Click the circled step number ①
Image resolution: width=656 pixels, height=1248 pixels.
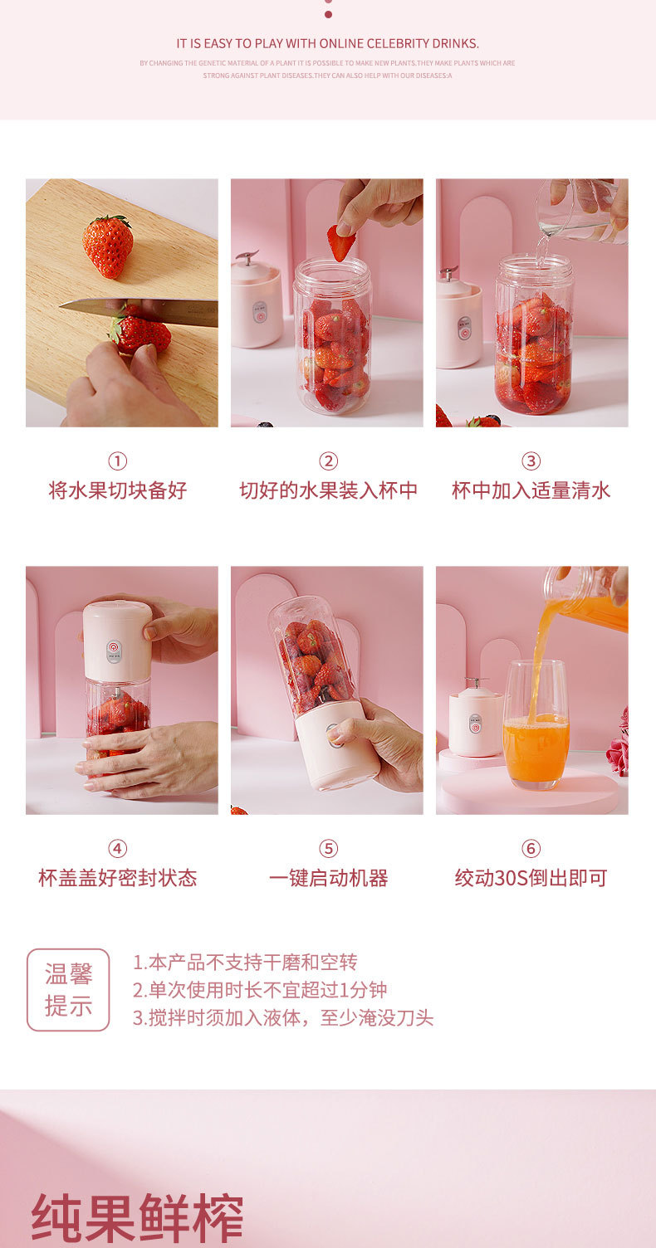coord(118,461)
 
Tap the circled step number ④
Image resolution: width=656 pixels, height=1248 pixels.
coord(118,849)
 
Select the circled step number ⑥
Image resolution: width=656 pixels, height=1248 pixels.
coord(531,849)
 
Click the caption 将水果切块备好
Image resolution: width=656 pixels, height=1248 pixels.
coord(118,490)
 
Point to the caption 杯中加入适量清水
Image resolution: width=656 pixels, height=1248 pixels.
coord(531,490)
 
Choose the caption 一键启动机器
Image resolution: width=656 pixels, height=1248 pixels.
coord(328,878)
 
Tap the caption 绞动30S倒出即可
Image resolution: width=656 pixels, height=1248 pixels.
coord(531,878)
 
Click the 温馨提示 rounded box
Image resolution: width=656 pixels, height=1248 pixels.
coord(68,990)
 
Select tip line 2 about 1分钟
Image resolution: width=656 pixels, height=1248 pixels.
coord(259,990)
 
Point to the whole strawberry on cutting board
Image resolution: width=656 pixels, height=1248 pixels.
coord(108,246)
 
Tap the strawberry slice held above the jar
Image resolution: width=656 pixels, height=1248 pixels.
coord(340,242)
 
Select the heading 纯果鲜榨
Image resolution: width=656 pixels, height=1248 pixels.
coord(137,1218)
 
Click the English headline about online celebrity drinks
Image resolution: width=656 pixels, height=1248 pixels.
coord(328,43)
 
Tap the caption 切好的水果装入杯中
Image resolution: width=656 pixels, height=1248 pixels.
coord(328,490)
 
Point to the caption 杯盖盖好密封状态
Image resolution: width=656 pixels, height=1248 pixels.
coord(118,878)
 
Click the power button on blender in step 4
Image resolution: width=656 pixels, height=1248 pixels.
coord(114,645)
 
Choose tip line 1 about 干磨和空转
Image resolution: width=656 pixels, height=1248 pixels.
coord(245,962)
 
